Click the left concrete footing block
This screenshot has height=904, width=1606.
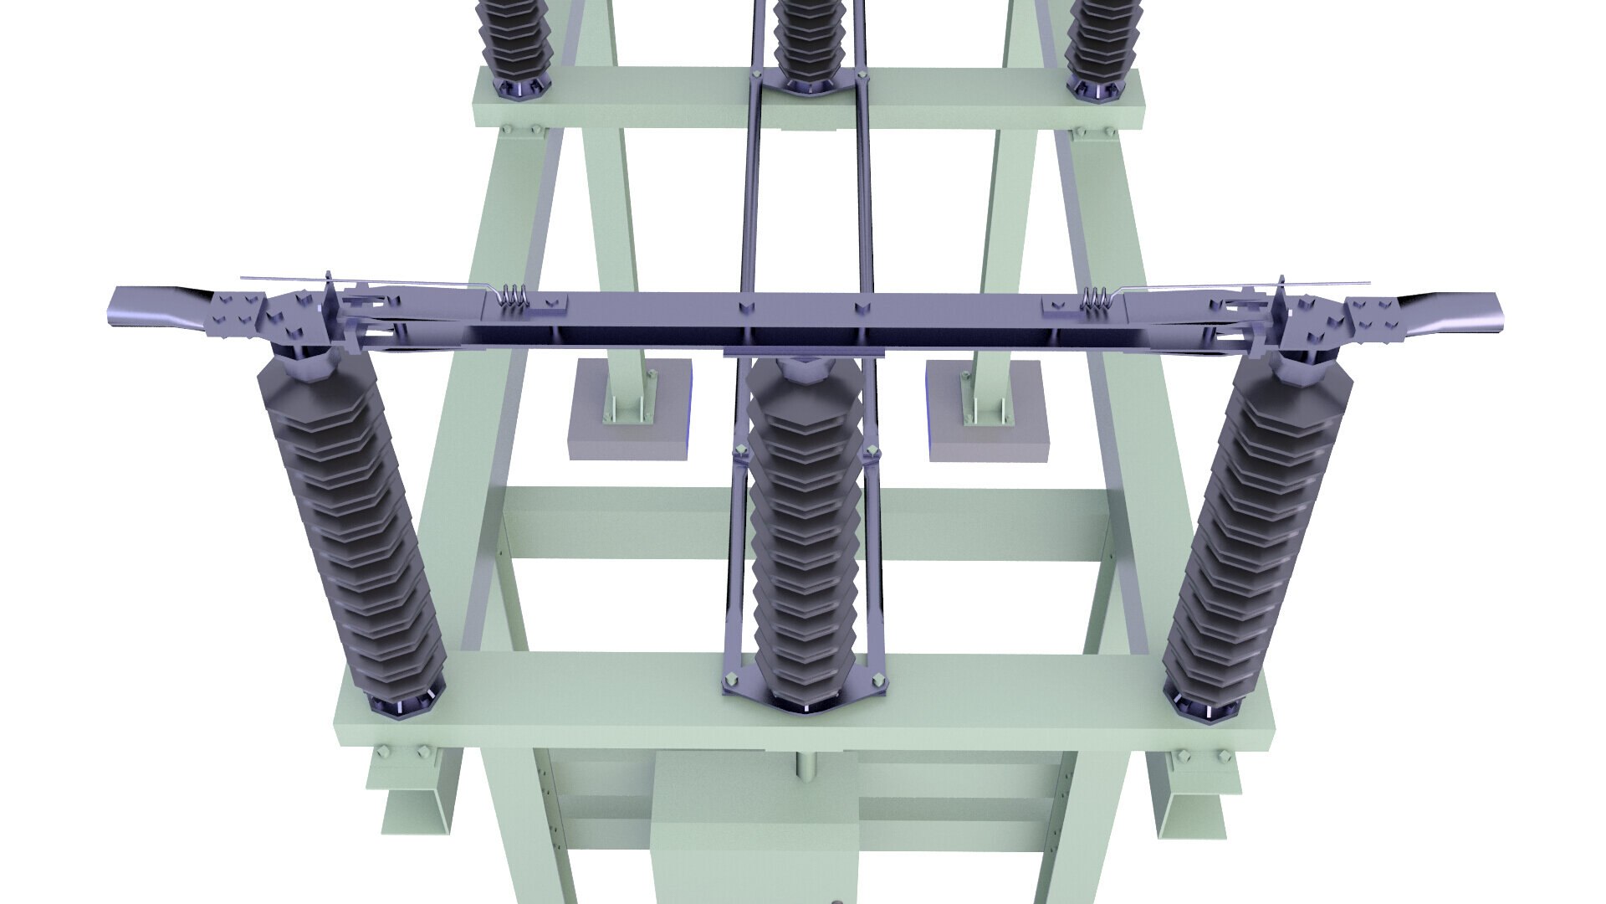(x=630, y=410)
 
